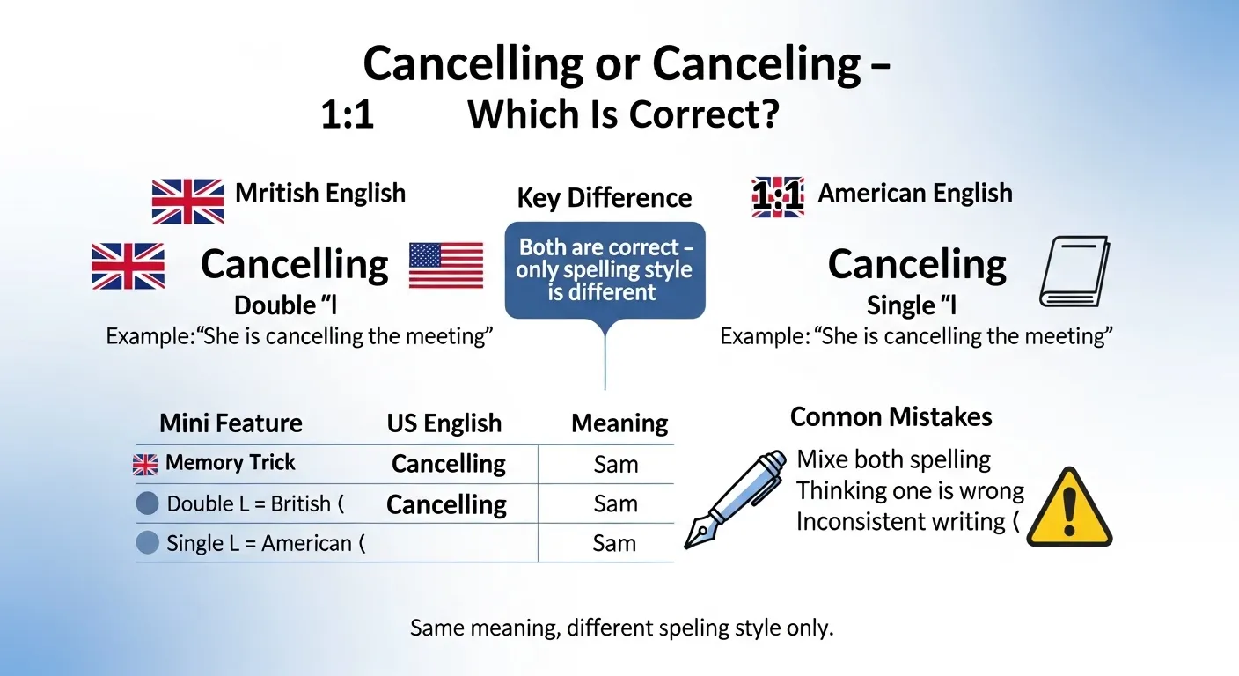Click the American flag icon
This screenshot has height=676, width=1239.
click(x=446, y=265)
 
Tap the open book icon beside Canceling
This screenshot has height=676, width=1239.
click(x=1074, y=271)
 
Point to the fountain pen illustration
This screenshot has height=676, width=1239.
click(x=736, y=499)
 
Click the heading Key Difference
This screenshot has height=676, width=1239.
click(x=605, y=197)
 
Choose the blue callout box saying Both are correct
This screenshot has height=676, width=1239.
click(x=605, y=269)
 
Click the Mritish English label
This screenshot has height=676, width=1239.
click(x=320, y=193)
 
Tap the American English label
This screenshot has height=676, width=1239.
click(x=915, y=193)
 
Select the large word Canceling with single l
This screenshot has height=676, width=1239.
click(x=917, y=264)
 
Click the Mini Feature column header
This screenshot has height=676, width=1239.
click(x=231, y=423)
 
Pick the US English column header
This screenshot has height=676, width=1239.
click(x=444, y=423)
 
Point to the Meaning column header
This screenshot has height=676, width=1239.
click(x=619, y=423)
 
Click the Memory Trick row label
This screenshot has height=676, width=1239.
click(x=231, y=463)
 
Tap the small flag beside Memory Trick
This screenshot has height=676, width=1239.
click(x=145, y=464)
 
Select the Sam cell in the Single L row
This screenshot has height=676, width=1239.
click(x=614, y=543)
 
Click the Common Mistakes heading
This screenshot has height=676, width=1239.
click(x=891, y=416)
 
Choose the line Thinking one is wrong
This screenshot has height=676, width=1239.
click(x=910, y=490)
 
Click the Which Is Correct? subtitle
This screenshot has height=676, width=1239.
click(x=623, y=115)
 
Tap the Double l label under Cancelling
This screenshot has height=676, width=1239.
click(x=286, y=305)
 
